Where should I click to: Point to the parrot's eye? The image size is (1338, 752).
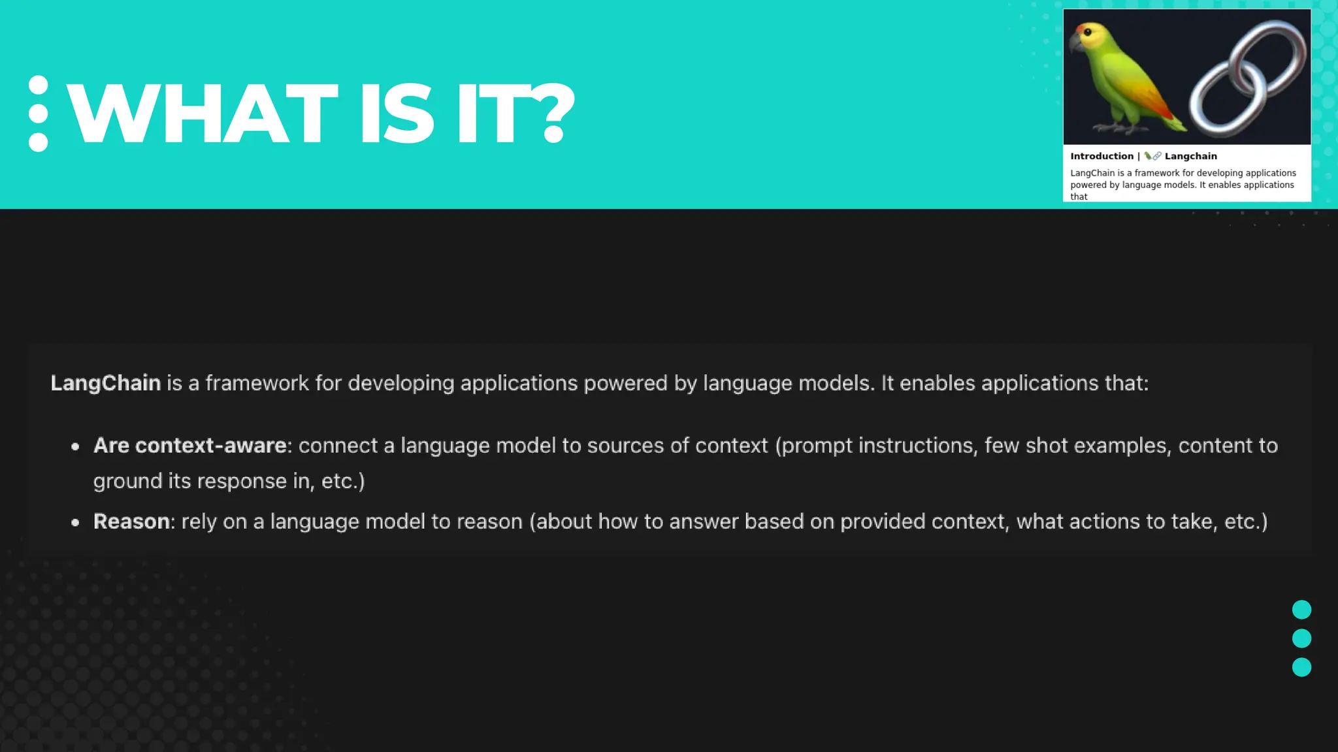click(1087, 33)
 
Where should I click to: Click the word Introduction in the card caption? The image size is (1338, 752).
click(1101, 156)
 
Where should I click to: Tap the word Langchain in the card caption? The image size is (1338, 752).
click(1190, 156)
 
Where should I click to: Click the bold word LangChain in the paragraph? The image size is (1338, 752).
click(106, 383)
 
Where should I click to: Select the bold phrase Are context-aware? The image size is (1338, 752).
click(190, 446)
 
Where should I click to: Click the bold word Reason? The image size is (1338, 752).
click(131, 522)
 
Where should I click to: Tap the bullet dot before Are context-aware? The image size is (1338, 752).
click(76, 447)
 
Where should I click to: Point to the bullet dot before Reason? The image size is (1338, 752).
click(76, 523)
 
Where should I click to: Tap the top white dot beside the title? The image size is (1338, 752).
click(39, 86)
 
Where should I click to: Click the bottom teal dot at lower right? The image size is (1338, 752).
click(1301, 667)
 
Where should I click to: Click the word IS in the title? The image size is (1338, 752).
click(396, 114)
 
